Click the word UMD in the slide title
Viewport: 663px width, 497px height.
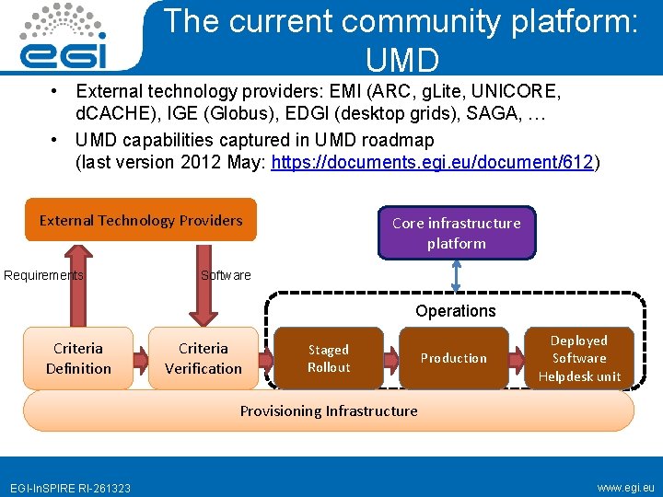[x=402, y=61]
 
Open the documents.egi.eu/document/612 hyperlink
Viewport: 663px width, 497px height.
[x=434, y=163]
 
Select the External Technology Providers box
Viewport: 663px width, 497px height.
[x=141, y=221]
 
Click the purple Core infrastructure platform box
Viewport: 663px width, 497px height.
[x=456, y=233]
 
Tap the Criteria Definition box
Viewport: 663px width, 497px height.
[x=78, y=358]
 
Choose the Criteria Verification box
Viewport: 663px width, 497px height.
[x=204, y=358]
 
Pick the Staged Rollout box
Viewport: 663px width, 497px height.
[x=329, y=358]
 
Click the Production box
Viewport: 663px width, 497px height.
[x=454, y=358]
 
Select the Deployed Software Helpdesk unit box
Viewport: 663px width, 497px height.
[x=579, y=358]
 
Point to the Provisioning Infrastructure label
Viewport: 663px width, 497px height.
[x=329, y=411]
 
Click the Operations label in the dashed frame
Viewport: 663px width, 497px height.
[x=455, y=311]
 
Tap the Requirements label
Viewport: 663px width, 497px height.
[x=43, y=275]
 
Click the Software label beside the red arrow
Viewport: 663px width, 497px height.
[x=226, y=275]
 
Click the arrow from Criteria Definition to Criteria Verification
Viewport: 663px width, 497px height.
[x=141, y=359]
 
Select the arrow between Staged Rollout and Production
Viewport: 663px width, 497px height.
[x=391, y=358]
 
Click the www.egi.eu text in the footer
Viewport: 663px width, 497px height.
[x=625, y=487]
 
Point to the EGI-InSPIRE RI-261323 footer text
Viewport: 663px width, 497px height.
[x=70, y=488]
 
